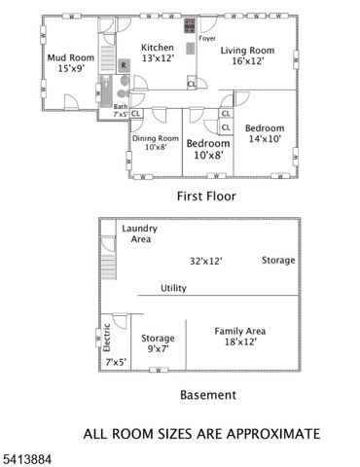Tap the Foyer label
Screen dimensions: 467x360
tap(207, 39)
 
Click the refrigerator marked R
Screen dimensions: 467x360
tap(124, 65)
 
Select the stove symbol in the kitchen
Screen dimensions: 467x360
tap(189, 23)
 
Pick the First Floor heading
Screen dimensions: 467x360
tap(205, 196)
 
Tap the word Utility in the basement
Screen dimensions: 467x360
tap(173, 288)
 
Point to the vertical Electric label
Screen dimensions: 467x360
tap(107, 337)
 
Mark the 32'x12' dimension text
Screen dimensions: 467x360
tap(206, 261)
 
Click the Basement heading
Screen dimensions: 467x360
tap(208, 395)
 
